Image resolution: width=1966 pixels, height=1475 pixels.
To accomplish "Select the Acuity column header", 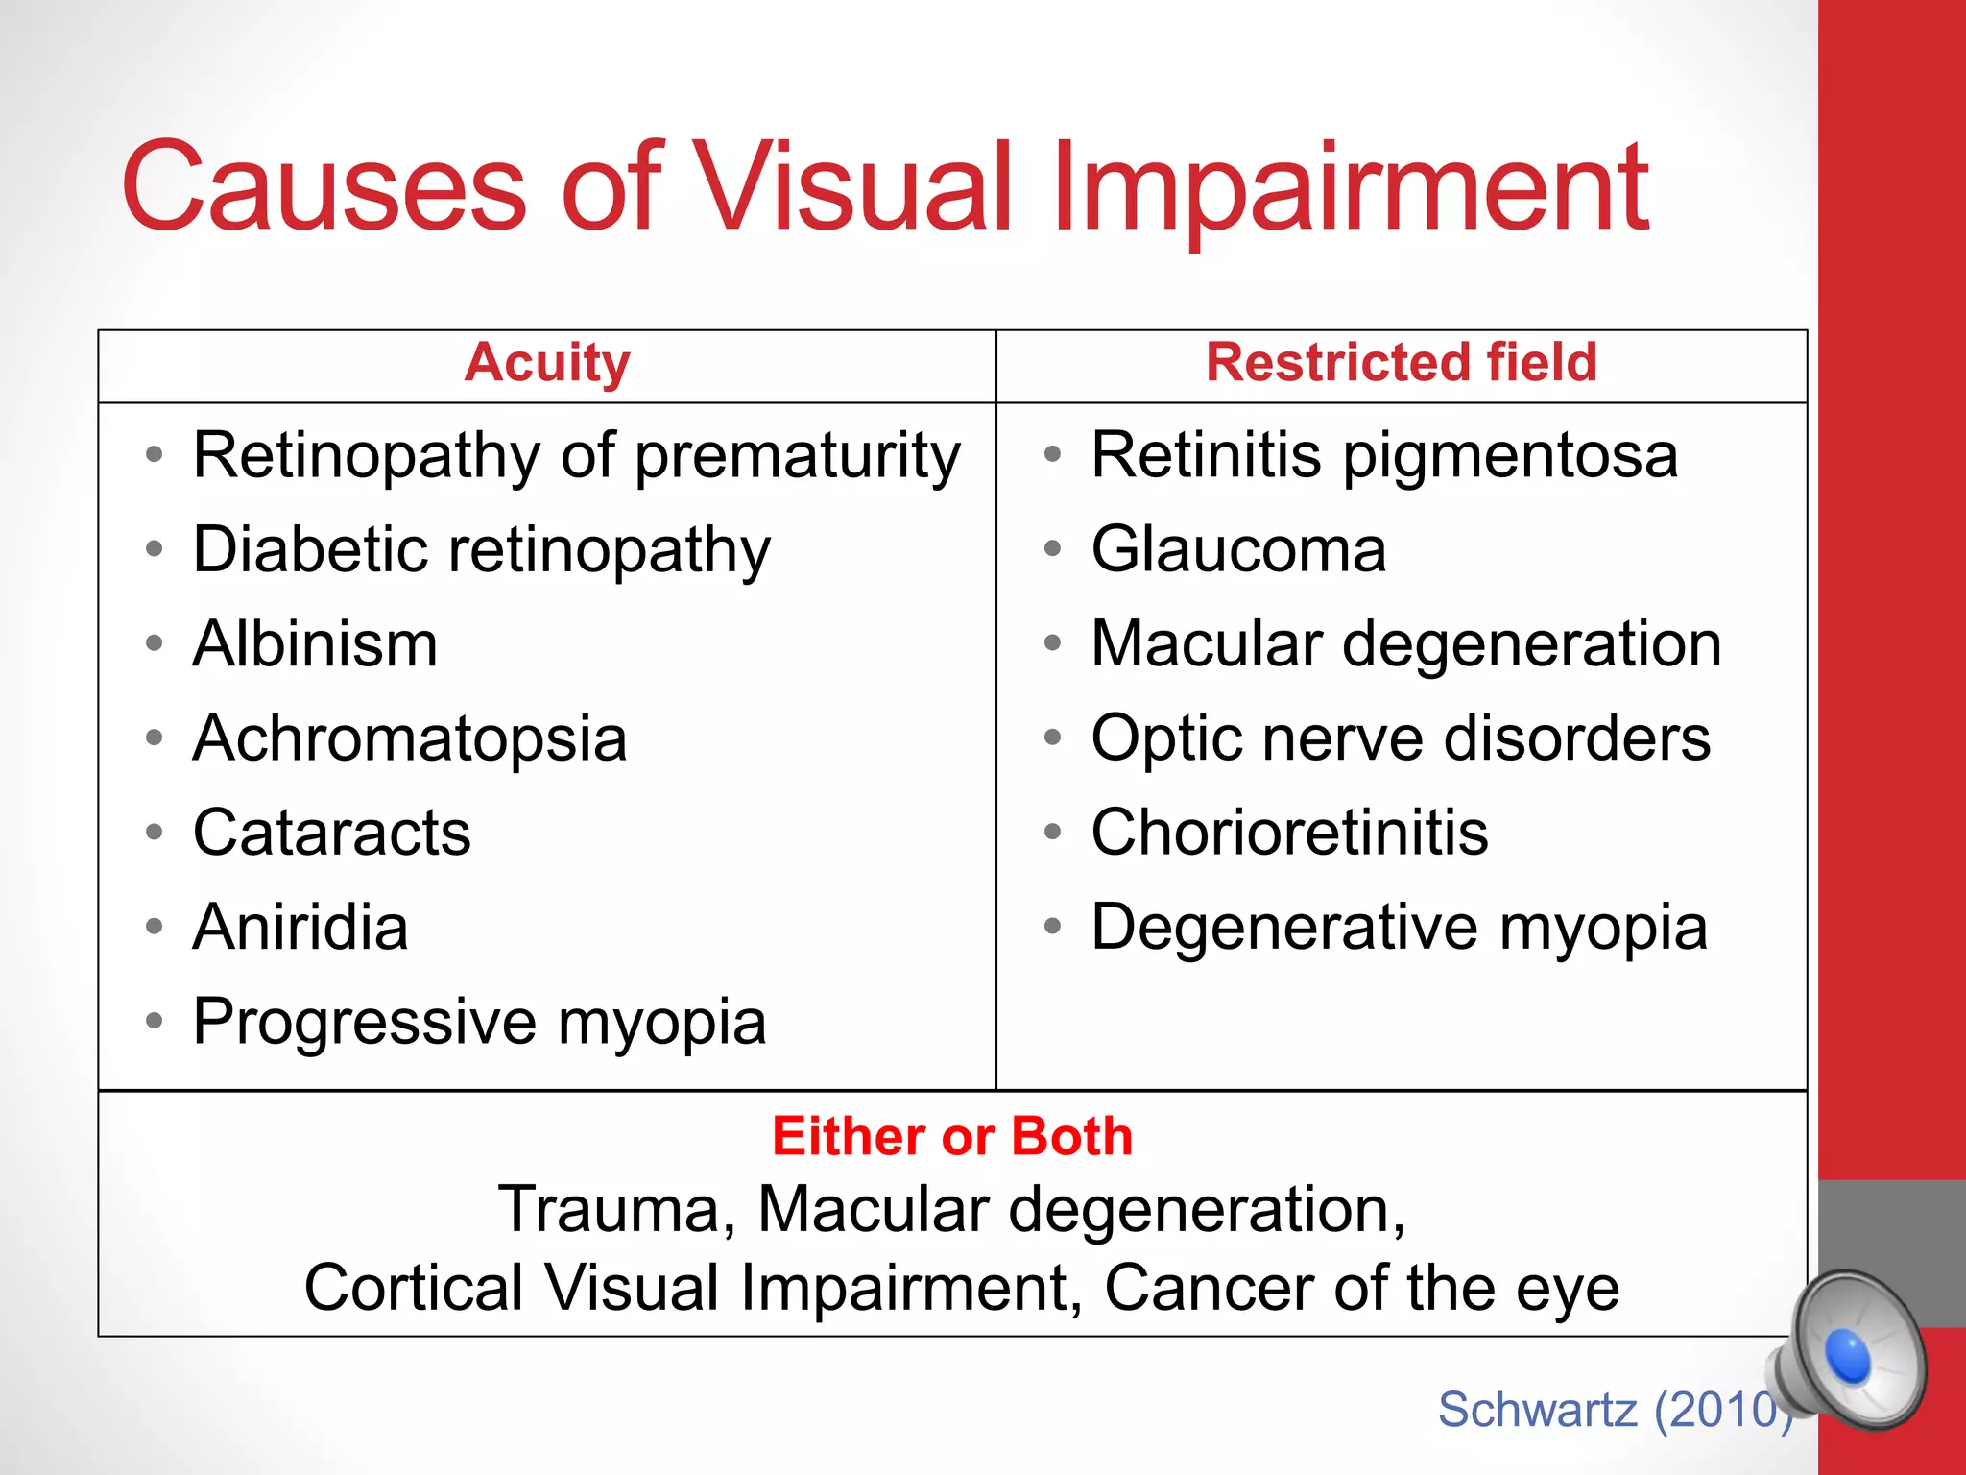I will click(547, 363).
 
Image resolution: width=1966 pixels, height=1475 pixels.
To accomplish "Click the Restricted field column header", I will click(1402, 363).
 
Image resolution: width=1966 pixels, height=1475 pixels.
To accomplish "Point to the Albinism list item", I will click(315, 643).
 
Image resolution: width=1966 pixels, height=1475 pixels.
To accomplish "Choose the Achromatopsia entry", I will click(410, 738).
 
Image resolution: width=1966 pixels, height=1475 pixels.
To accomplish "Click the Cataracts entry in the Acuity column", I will click(332, 833).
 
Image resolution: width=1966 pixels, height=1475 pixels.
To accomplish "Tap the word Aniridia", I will click(300, 927).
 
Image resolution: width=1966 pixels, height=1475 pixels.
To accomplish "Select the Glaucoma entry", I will click(1238, 549).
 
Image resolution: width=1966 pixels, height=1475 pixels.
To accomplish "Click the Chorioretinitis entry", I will click(1289, 833).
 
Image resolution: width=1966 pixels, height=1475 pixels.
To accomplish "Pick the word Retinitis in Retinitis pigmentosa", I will click(1206, 454).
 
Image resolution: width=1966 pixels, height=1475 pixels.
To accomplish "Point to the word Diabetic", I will click(310, 549).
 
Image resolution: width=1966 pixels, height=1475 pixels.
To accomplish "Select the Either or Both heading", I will click(952, 1137).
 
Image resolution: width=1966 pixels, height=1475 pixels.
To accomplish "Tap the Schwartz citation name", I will click(1537, 1410).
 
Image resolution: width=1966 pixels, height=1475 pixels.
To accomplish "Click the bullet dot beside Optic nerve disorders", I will click(1053, 738).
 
